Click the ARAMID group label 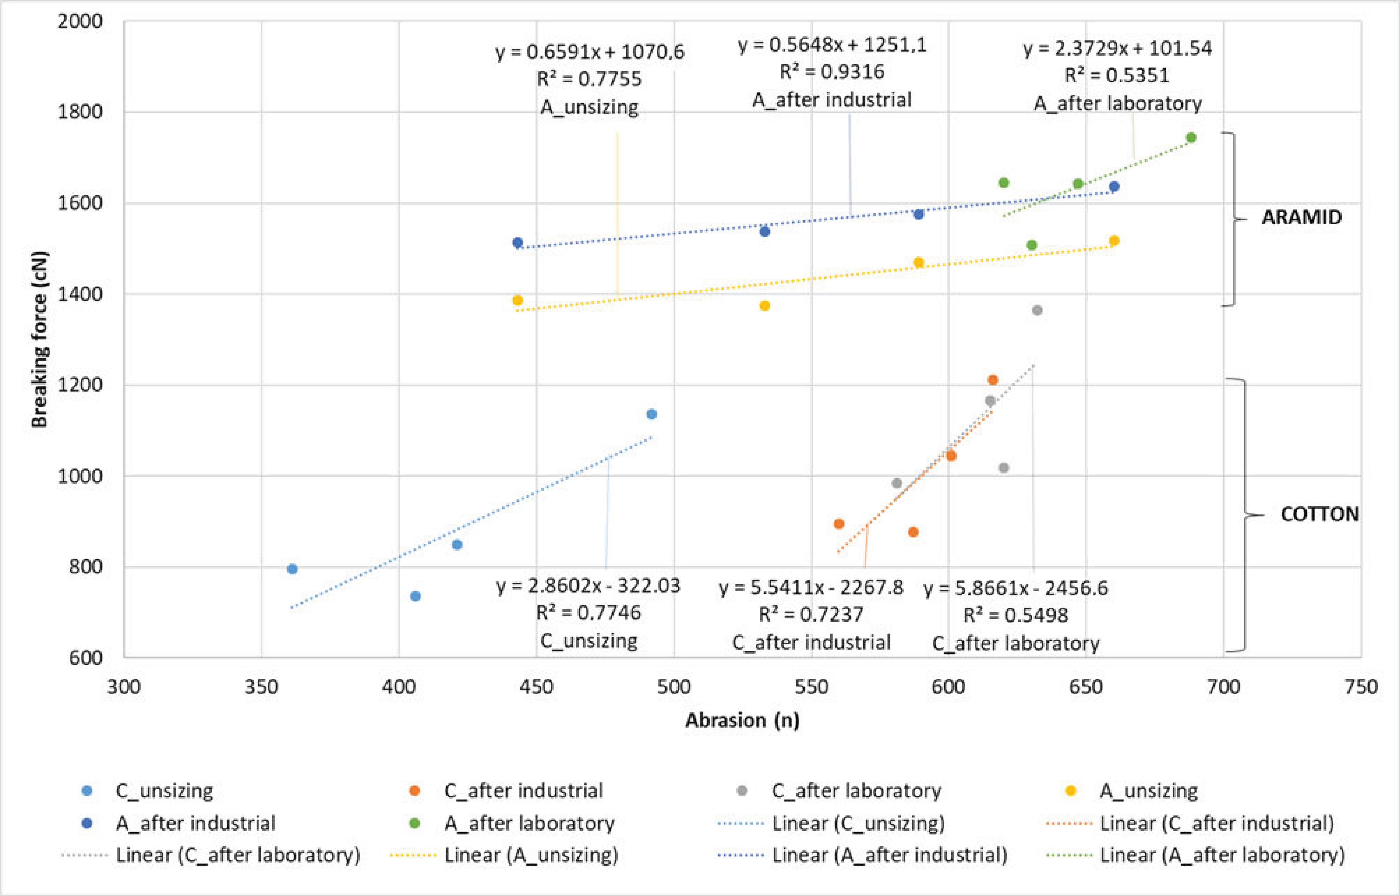tap(1302, 218)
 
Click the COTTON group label tap(1319, 514)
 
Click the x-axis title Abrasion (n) tap(742, 720)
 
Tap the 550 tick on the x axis tap(812, 687)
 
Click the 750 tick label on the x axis tap(1361, 687)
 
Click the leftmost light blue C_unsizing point tap(292, 569)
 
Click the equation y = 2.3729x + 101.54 tap(1117, 48)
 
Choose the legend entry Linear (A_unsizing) tap(531, 855)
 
